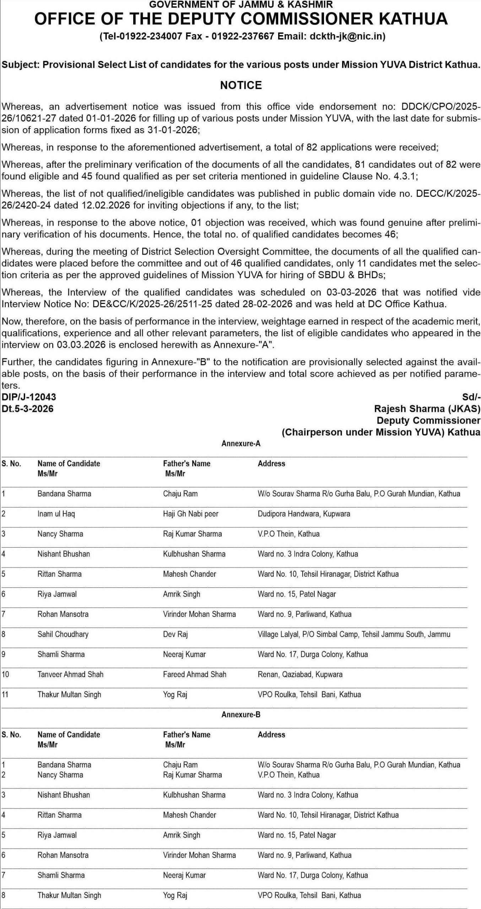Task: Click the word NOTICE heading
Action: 241,85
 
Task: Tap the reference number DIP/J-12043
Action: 29,397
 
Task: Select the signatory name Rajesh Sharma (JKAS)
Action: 427,409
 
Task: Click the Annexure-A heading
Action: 241,443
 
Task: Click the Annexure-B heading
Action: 241,714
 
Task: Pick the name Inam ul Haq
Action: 56,514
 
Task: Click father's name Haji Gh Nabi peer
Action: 190,514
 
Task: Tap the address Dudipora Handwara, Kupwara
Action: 304,514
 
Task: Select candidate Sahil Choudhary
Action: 63,634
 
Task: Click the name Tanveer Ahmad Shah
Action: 70,674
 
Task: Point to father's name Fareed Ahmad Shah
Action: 194,674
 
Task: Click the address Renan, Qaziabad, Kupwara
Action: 300,674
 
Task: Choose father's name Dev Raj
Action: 175,634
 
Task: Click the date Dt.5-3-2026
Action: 28,409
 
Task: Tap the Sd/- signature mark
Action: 471,397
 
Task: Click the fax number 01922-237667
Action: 243,36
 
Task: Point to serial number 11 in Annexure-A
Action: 5,694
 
